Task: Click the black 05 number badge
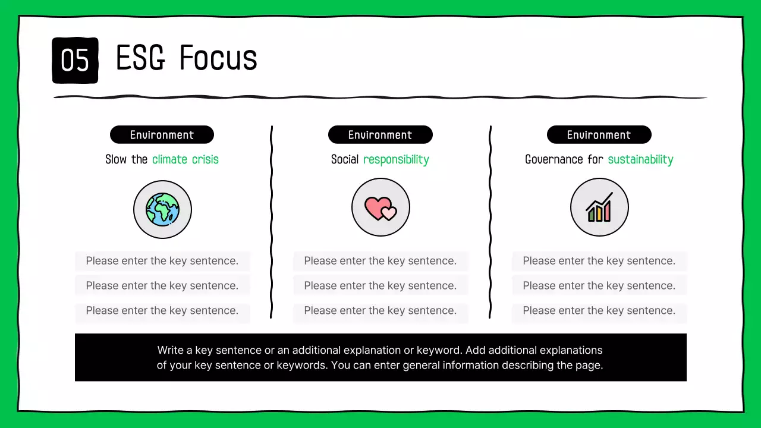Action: coord(75,60)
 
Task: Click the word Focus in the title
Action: coord(218,58)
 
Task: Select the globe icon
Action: coord(162,209)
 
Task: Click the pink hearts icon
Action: coord(380,207)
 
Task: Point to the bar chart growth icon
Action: coord(599,207)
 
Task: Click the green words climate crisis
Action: coord(185,159)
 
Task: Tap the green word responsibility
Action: coord(396,159)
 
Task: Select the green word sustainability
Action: coord(640,159)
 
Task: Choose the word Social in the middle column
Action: coord(345,159)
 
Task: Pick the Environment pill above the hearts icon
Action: coord(380,135)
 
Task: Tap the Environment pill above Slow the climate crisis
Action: coord(162,135)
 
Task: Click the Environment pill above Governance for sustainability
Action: coord(599,135)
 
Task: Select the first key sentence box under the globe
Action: coord(162,261)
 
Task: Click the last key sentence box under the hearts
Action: coord(380,311)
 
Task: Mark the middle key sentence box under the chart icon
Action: coord(599,286)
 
